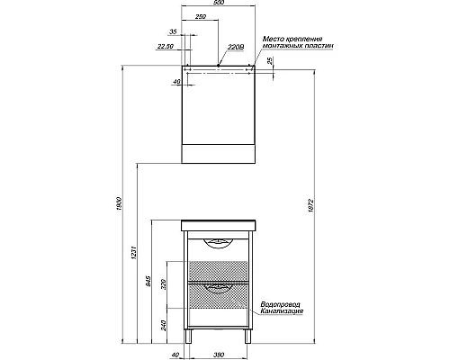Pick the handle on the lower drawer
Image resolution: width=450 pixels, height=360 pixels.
click(x=217, y=289)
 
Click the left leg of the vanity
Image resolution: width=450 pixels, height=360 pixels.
click(x=188, y=339)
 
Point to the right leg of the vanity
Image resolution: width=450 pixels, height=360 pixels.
click(x=246, y=339)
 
